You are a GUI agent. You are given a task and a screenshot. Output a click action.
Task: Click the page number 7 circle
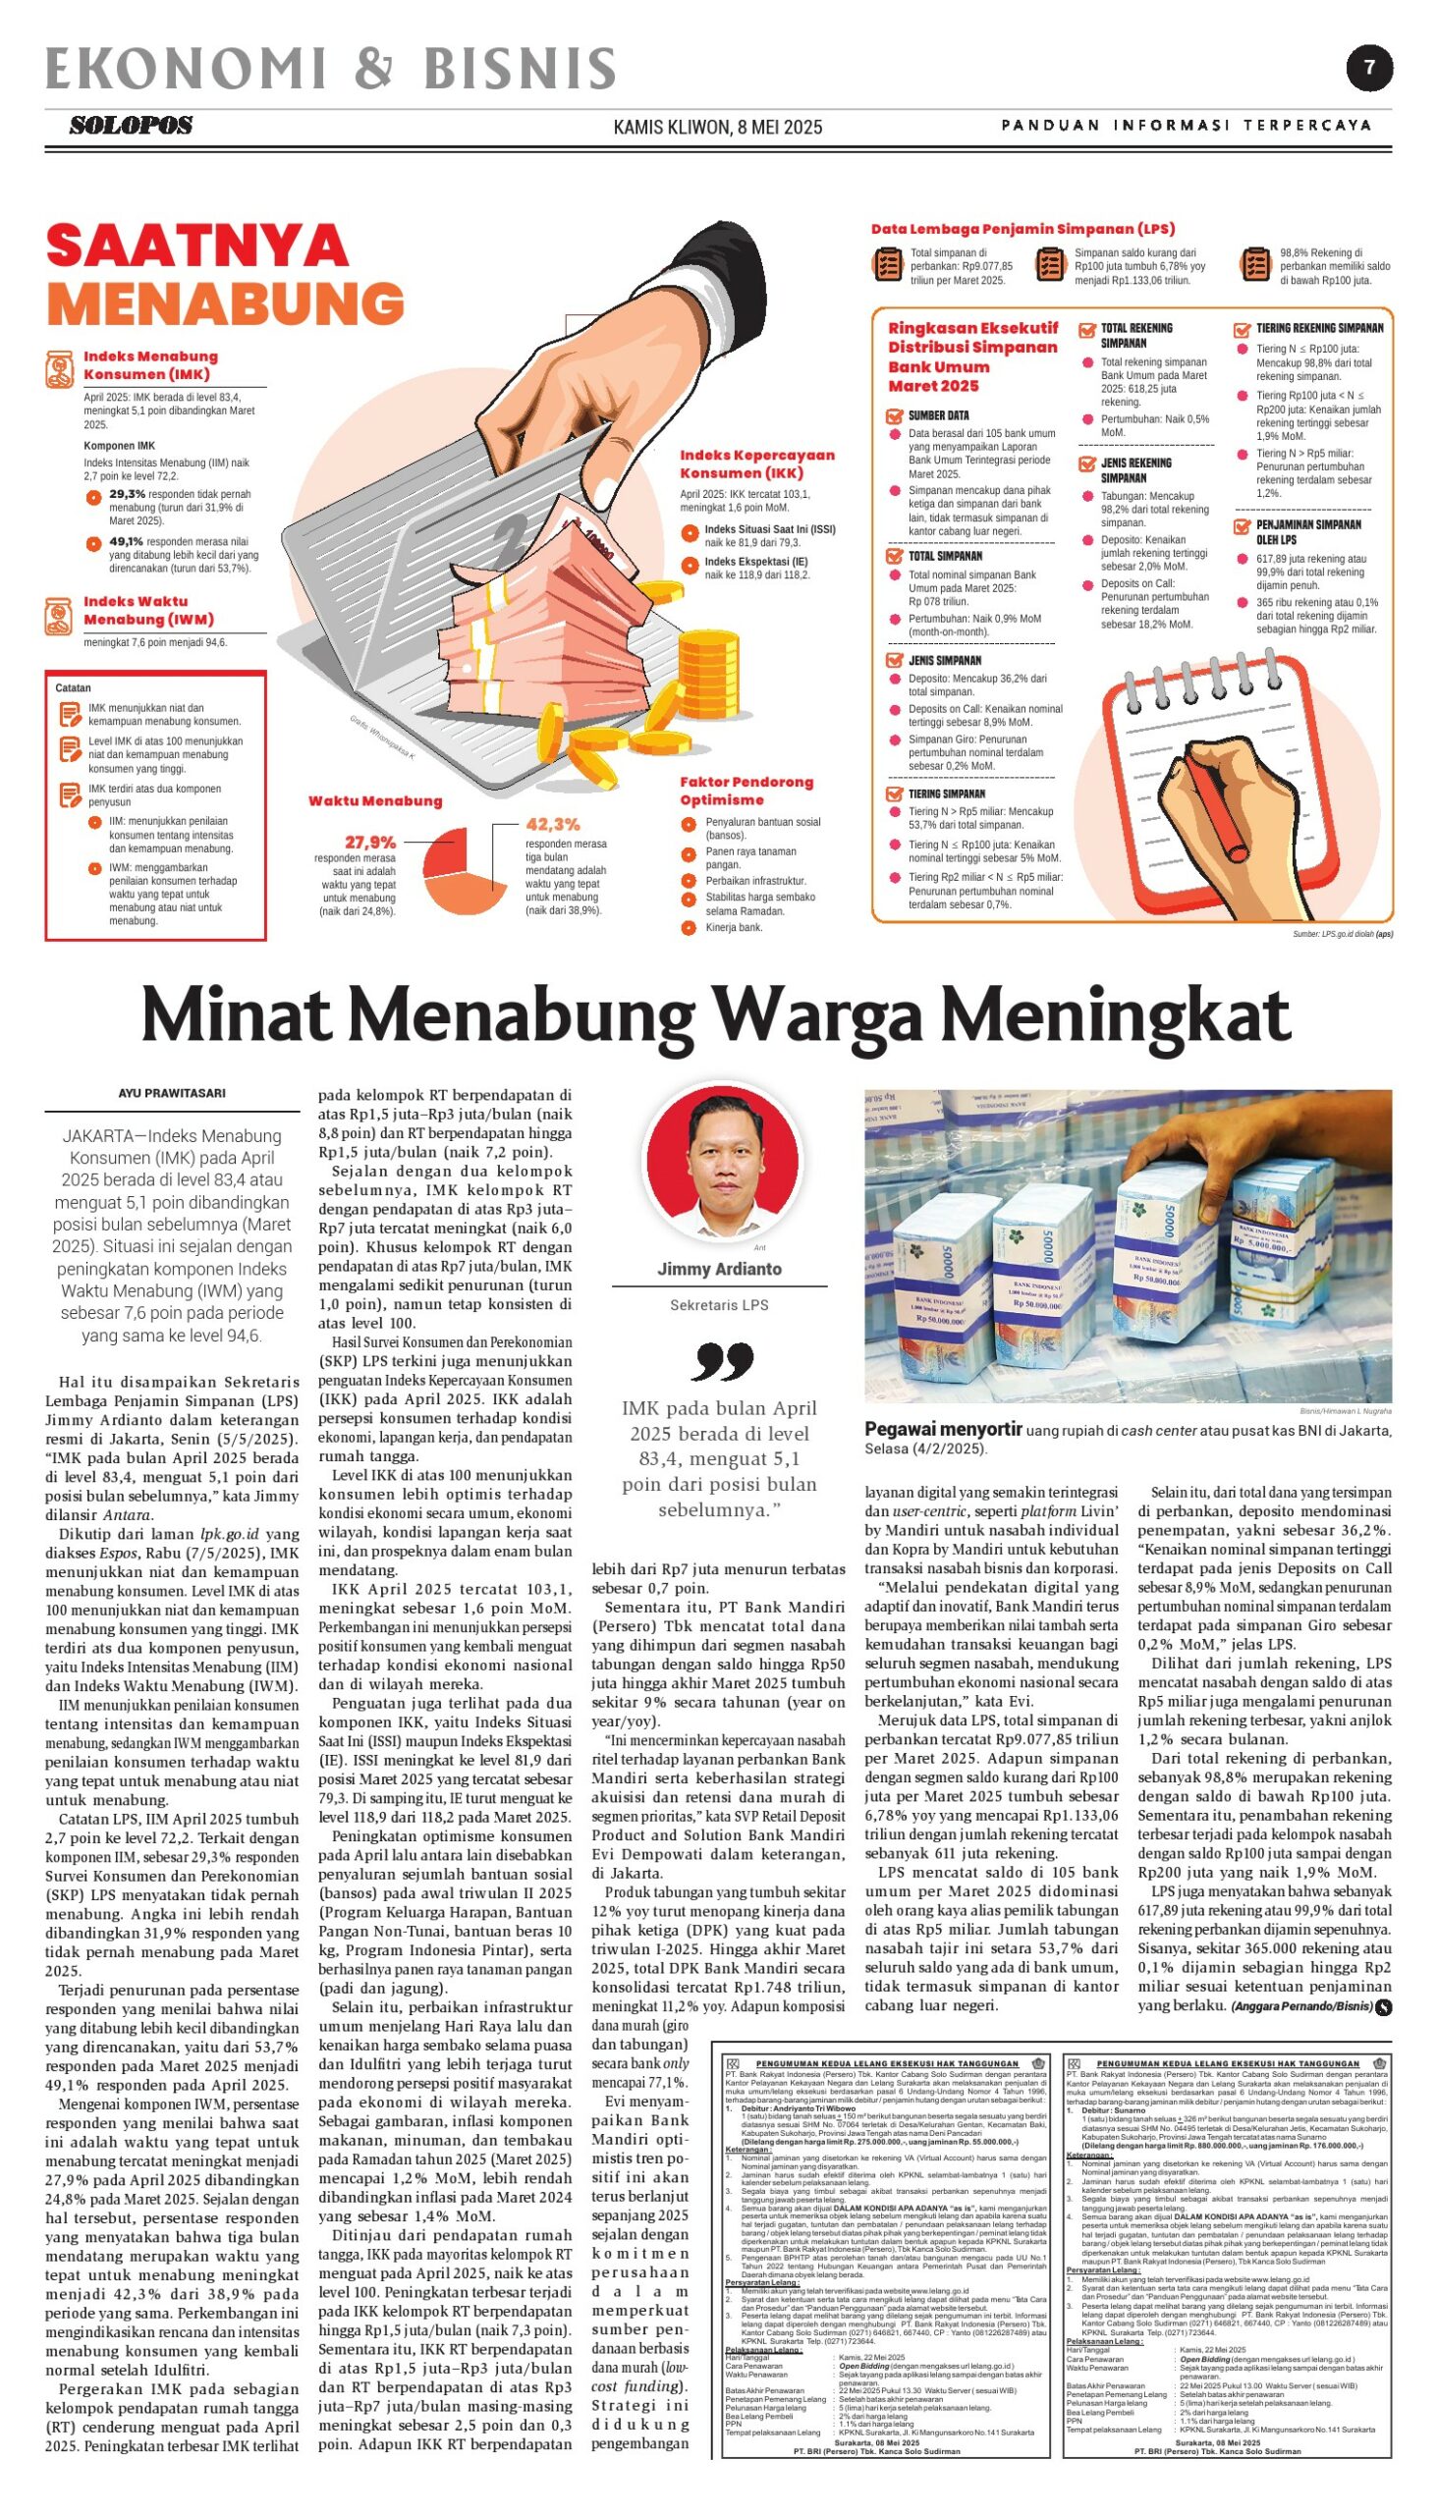click(1370, 68)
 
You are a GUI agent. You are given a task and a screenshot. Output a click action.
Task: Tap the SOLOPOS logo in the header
click(131, 126)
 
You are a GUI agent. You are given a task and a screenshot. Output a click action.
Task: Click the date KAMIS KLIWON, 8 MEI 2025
click(717, 128)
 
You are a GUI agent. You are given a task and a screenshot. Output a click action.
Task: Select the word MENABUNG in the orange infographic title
click(226, 303)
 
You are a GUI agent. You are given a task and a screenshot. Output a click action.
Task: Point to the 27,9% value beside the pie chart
click(370, 842)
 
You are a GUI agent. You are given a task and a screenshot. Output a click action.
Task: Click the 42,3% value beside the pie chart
click(553, 824)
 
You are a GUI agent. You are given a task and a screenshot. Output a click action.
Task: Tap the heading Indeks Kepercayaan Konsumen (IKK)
click(757, 464)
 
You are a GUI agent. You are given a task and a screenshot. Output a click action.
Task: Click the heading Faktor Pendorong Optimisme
click(746, 791)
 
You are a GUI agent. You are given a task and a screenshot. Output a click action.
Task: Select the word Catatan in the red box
click(73, 687)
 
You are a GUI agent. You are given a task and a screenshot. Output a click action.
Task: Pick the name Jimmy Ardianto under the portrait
click(720, 1269)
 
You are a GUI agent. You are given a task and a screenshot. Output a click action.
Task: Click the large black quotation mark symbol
click(723, 1361)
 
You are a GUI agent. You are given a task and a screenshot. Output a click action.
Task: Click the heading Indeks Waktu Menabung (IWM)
click(148, 610)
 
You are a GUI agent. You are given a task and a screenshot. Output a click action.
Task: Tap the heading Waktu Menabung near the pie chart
click(375, 801)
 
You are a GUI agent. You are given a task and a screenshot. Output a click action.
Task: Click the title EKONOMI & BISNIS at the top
click(332, 69)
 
